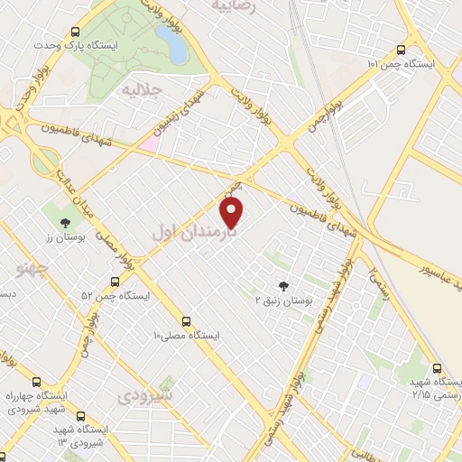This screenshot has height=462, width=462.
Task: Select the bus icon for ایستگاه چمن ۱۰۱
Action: click(401, 51)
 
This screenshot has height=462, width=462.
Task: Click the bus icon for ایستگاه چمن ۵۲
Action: click(112, 281)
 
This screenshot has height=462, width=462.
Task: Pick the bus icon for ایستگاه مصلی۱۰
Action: click(186, 320)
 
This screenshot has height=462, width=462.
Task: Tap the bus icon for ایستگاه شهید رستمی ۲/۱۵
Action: click(438, 368)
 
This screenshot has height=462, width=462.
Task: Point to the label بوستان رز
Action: click(63, 236)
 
